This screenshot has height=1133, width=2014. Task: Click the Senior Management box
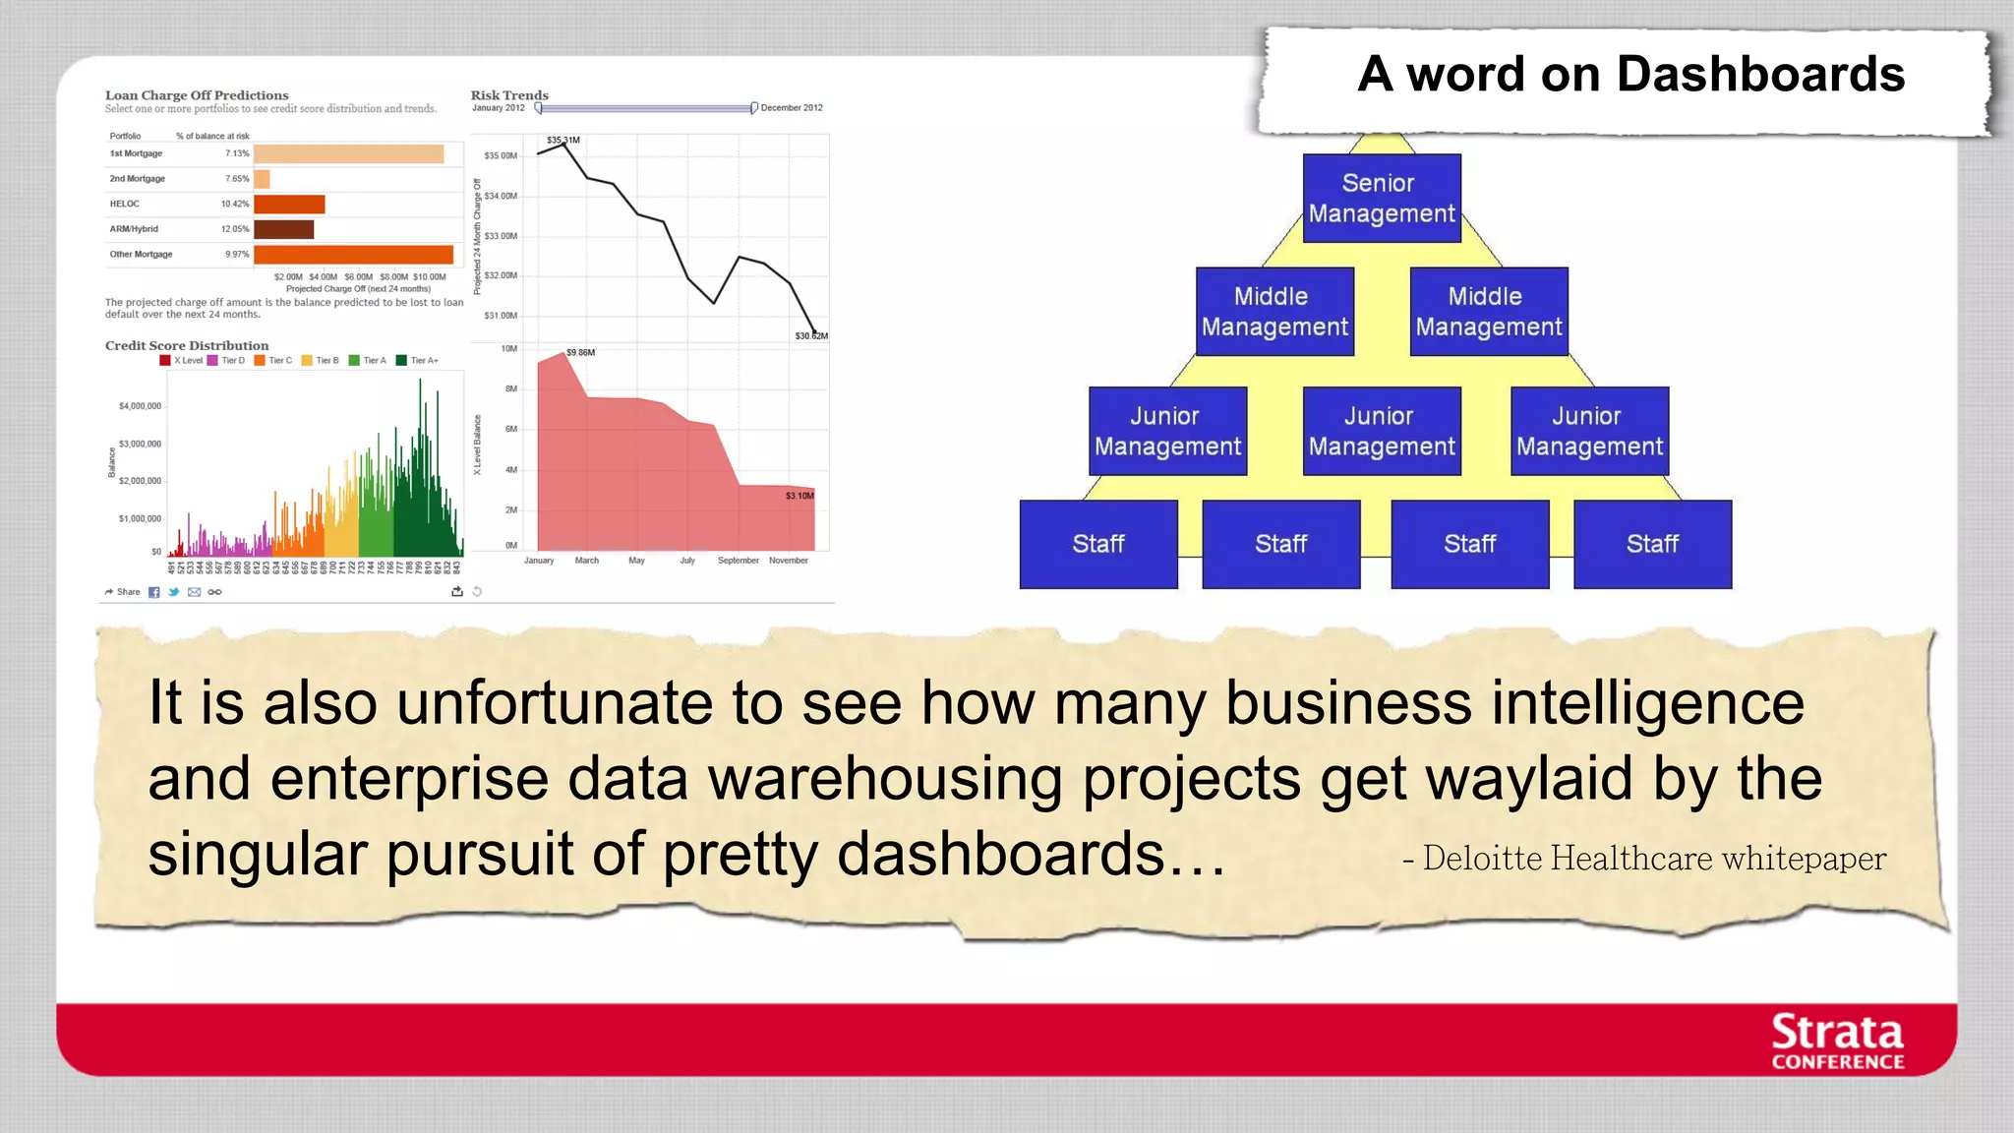point(1381,198)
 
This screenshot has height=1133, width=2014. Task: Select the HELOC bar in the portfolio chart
point(289,205)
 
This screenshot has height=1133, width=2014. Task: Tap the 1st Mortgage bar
point(348,154)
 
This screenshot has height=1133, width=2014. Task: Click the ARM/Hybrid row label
point(134,229)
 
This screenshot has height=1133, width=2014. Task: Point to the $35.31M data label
point(563,141)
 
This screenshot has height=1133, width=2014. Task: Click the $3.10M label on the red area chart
point(800,496)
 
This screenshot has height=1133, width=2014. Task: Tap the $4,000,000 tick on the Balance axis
point(140,406)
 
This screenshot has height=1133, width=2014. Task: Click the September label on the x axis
point(738,561)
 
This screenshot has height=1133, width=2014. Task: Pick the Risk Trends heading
point(509,95)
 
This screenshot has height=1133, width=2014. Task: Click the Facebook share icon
point(153,592)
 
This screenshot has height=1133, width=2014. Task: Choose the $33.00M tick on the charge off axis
point(501,236)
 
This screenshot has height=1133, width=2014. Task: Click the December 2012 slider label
point(791,108)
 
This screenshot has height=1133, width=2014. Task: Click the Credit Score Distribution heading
point(187,346)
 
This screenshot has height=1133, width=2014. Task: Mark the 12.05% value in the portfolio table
point(235,229)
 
